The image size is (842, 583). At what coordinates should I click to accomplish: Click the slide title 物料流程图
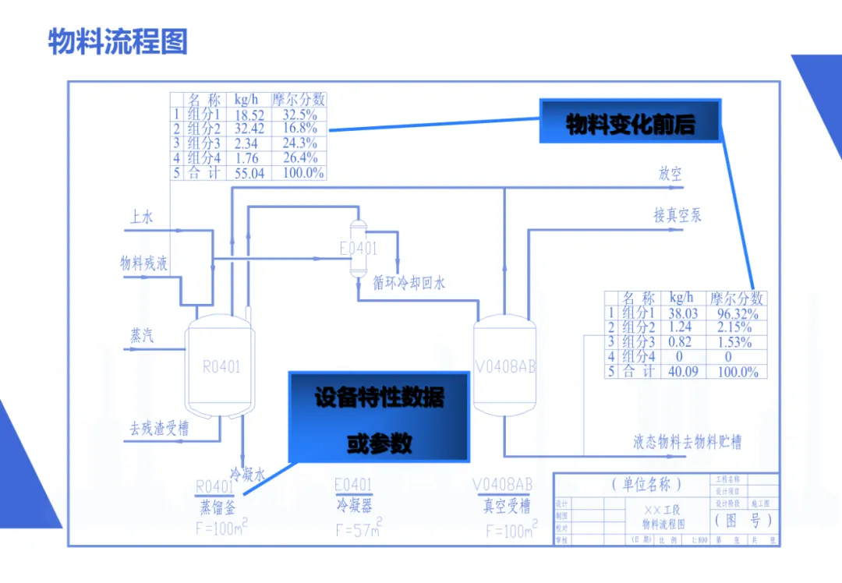(x=118, y=41)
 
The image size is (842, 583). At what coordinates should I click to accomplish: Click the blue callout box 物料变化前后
(x=630, y=122)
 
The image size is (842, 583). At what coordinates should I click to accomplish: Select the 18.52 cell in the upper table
(x=249, y=115)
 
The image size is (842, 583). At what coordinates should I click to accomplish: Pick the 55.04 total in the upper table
(x=249, y=173)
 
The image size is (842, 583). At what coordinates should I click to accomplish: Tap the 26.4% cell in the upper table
(x=299, y=159)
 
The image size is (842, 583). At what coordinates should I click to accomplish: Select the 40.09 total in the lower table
(x=683, y=372)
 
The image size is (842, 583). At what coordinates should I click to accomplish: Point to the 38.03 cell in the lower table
(x=683, y=313)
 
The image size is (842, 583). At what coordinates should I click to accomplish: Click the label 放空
(x=670, y=174)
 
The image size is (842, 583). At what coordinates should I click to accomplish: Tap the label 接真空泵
(x=677, y=215)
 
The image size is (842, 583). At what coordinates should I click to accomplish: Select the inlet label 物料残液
(x=143, y=263)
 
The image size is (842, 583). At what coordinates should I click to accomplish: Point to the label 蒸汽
(x=141, y=336)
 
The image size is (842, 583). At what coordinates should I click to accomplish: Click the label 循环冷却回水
(x=409, y=283)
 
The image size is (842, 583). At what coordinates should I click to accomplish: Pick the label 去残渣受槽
(x=159, y=429)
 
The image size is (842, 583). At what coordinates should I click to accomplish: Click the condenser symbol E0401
(x=358, y=248)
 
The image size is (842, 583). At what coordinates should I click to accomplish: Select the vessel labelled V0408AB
(x=504, y=366)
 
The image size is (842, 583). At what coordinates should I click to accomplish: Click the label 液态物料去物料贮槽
(x=687, y=443)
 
